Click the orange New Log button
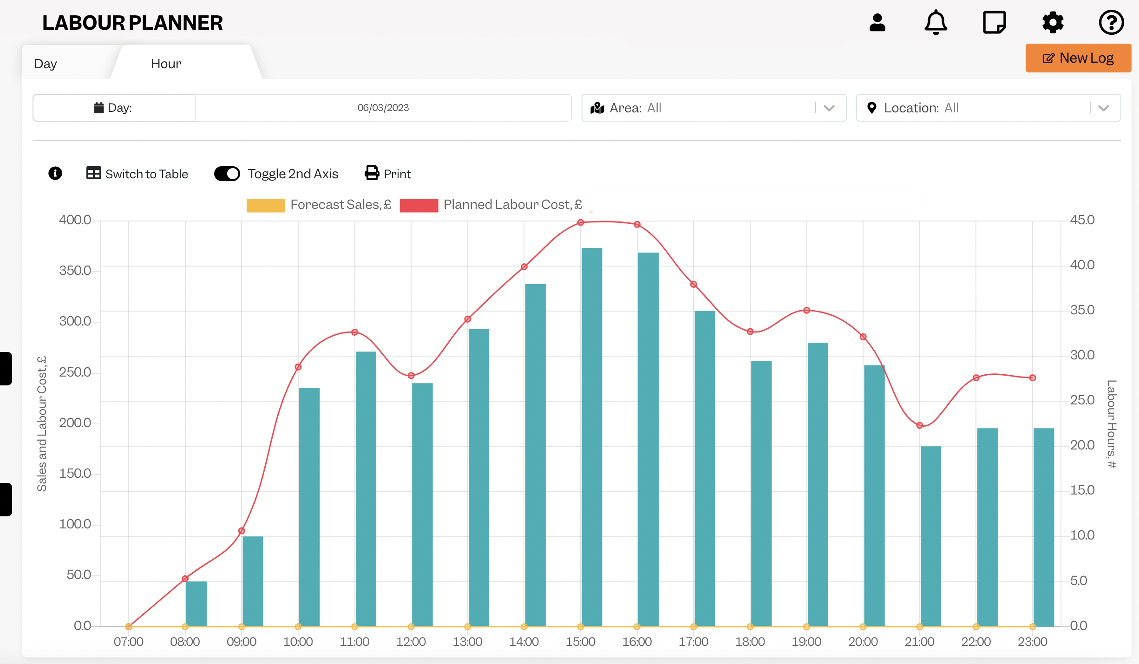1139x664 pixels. (1078, 58)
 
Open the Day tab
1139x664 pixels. (46, 64)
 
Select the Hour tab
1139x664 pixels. (166, 64)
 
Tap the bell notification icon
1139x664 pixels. (936, 22)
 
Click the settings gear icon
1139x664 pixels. (1053, 22)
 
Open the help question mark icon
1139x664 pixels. (1111, 22)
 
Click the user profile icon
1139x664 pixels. (877, 22)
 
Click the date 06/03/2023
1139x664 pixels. (383, 108)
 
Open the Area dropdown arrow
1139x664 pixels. (829, 108)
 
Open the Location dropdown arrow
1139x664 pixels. (1104, 108)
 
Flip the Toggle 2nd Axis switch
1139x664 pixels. (227, 174)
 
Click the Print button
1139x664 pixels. (388, 174)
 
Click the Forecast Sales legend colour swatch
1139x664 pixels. (266, 205)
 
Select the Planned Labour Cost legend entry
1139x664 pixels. (491, 205)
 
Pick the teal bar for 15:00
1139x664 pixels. (592, 437)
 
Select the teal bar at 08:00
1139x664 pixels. (196, 604)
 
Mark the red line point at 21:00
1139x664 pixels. (920, 425)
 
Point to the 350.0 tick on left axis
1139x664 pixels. (75, 271)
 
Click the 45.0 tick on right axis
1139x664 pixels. (1082, 220)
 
